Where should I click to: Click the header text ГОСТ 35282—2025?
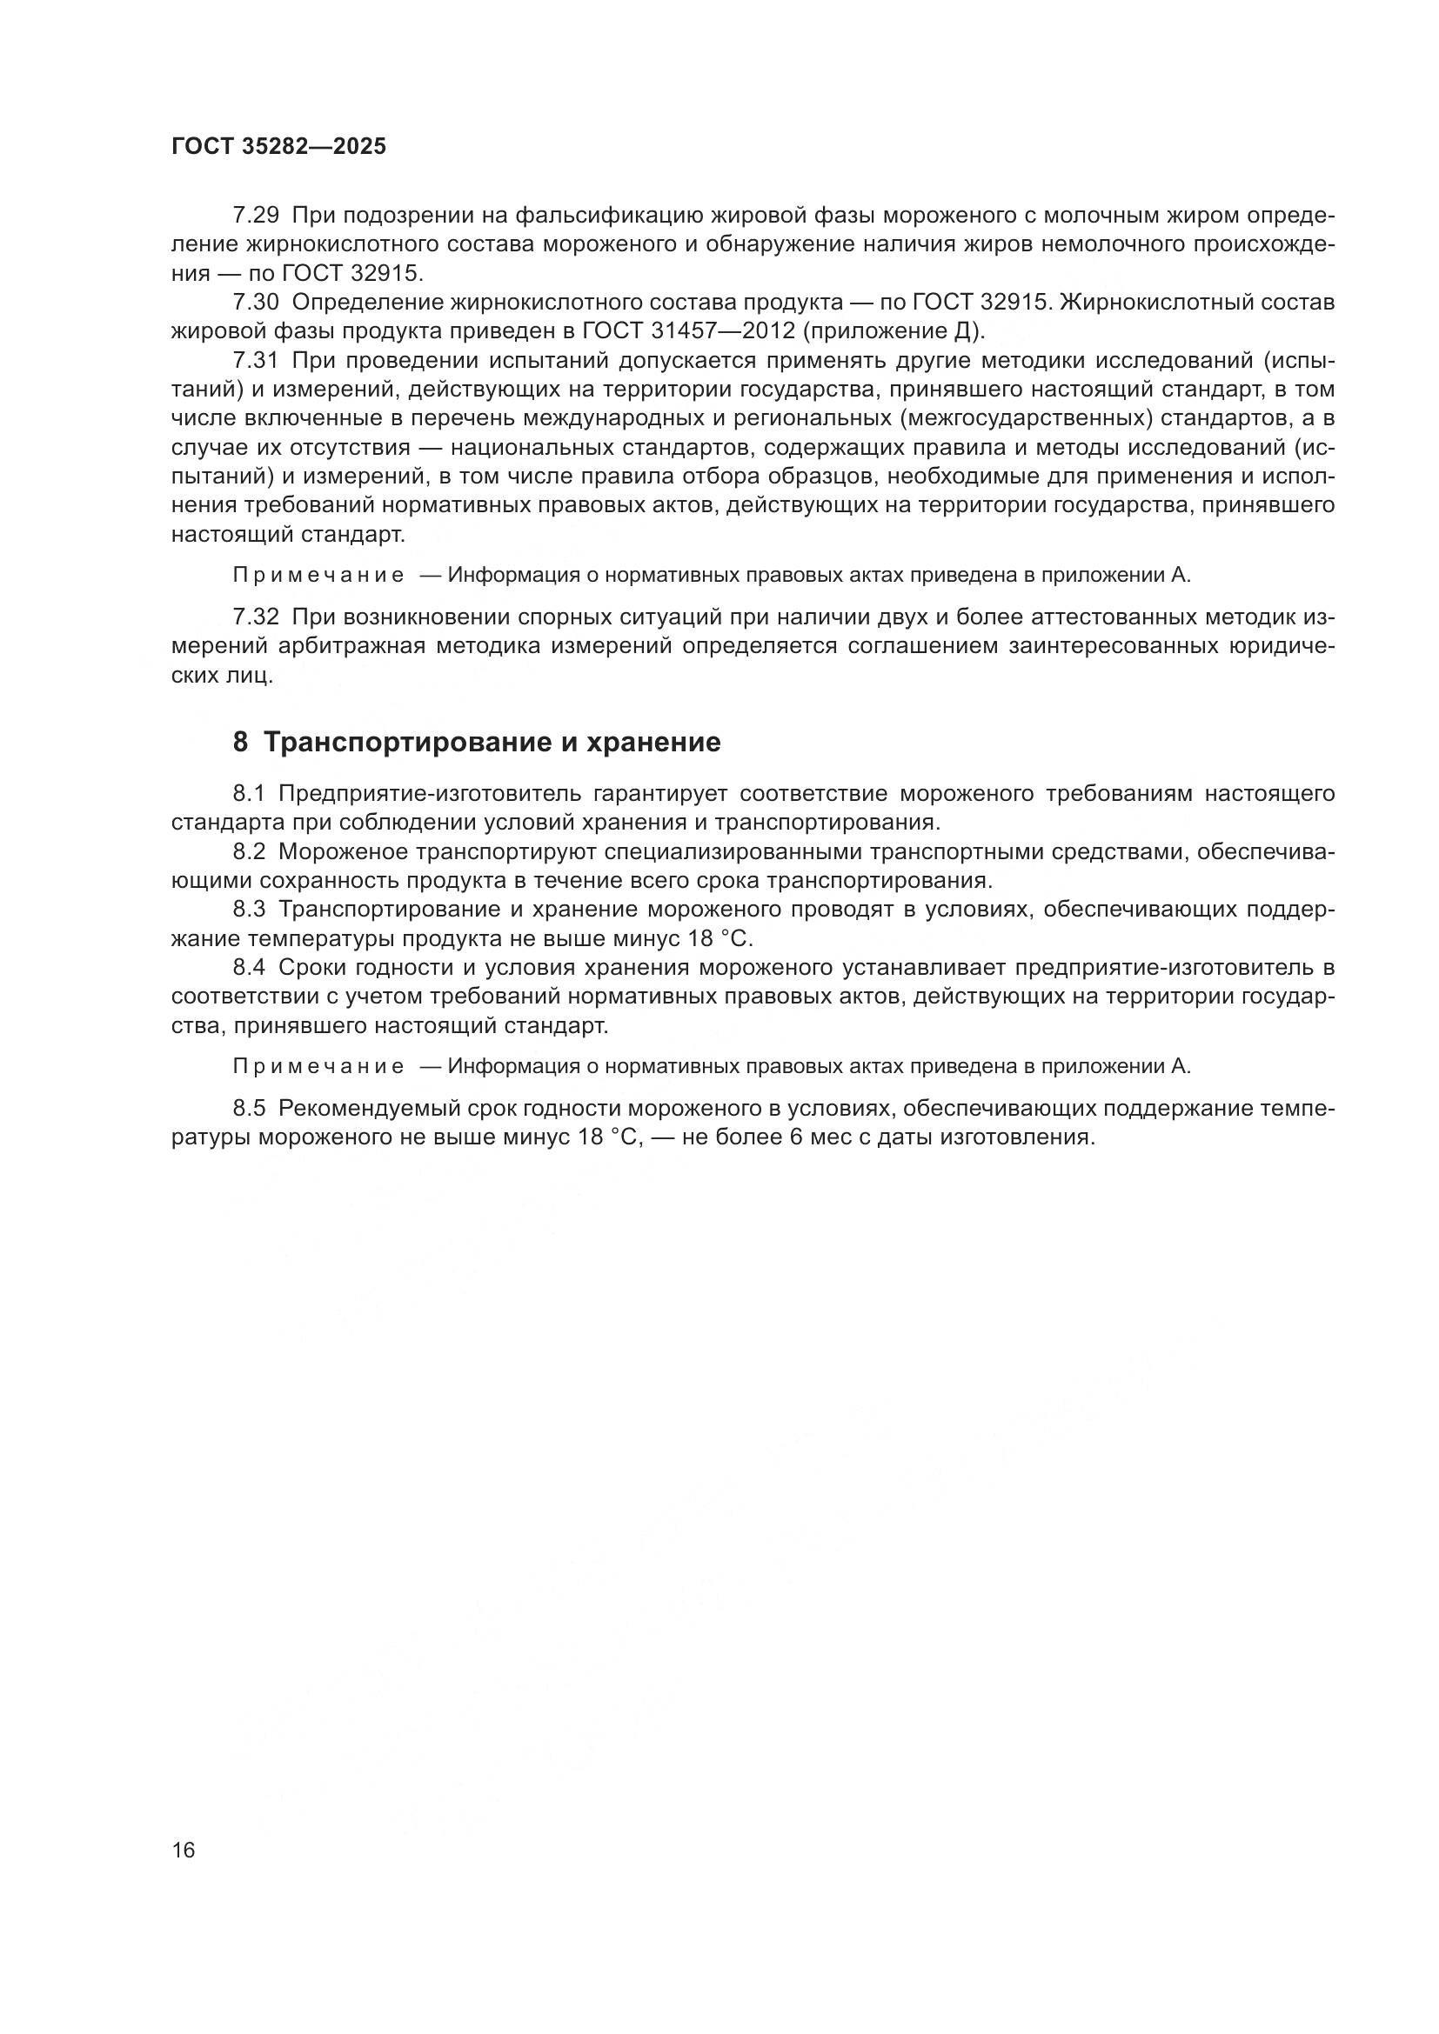coord(278,147)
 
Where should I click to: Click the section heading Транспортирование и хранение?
coord(492,743)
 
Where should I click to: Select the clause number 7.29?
coord(256,216)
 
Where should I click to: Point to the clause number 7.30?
coord(256,303)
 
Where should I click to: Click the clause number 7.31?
coord(256,361)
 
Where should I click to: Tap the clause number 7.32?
coord(256,617)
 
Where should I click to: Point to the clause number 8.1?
coord(249,794)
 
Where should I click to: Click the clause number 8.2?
coord(249,851)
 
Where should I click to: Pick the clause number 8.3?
coord(249,910)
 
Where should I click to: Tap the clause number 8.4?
coord(249,967)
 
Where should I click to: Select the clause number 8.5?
coord(249,1108)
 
